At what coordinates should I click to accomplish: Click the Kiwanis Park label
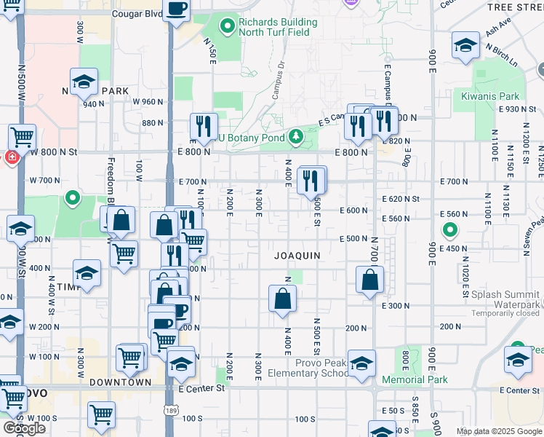[x=490, y=96]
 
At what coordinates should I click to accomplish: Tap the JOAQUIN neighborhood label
[x=298, y=256]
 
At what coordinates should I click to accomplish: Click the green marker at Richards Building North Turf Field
[x=228, y=28]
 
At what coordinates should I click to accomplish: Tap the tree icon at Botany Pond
[x=296, y=135]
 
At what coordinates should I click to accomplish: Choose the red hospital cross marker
[x=12, y=157]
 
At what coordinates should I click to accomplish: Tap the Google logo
[x=24, y=428]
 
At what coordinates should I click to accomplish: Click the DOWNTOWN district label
[x=121, y=382]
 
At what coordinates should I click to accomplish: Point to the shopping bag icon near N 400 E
[x=282, y=299]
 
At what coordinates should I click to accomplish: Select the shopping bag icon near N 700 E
[x=370, y=280]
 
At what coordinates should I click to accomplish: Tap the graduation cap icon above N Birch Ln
[x=465, y=45]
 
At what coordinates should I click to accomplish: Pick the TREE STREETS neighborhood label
[x=515, y=7]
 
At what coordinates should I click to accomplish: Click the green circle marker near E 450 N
[x=450, y=232]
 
